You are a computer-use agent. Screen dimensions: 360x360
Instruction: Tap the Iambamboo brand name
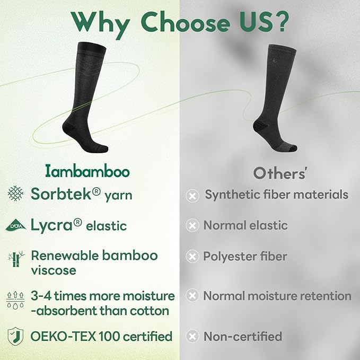pyautogui.click(x=86, y=172)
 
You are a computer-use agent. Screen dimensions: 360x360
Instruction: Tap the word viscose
pyautogui.click(x=53, y=270)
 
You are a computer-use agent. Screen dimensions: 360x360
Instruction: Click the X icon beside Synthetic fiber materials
pyautogui.click(x=192, y=196)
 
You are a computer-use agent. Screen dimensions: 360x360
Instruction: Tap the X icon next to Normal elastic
pyautogui.click(x=192, y=226)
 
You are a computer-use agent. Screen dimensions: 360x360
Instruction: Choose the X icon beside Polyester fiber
pyautogui.click(x=192, y=257)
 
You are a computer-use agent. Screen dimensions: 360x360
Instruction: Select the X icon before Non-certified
pyautogui.click(x=192, y=336)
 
